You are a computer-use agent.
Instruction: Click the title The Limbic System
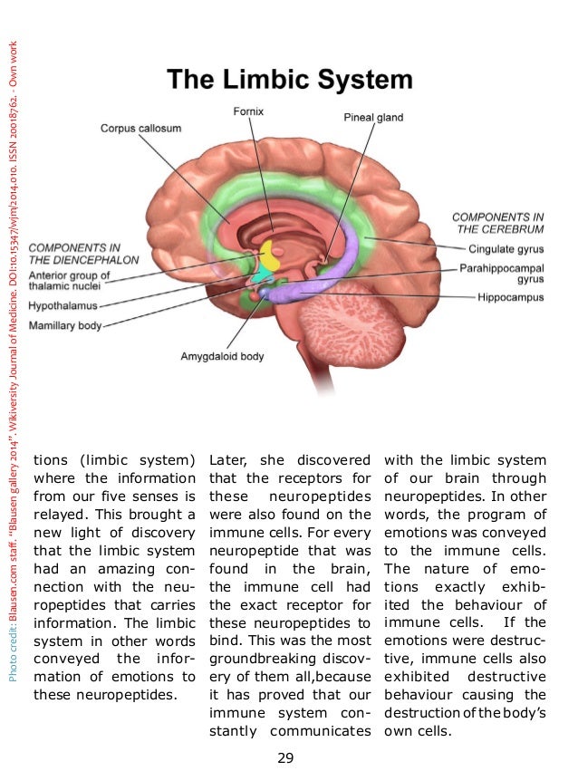click(x=289, y=81)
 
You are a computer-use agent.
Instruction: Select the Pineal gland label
click(x=373, y=118)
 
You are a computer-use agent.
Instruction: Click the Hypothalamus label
click(x=63, y=306)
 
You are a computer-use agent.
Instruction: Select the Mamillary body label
click(x=66, y=324)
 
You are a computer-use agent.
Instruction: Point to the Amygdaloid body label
click(x=222, y=356)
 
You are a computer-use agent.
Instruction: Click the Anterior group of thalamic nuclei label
click(x=70, y=281)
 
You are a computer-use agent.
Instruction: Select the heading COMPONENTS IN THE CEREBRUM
click(x=497, y=223)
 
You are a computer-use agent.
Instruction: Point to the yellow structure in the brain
click(x=269, y=250)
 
